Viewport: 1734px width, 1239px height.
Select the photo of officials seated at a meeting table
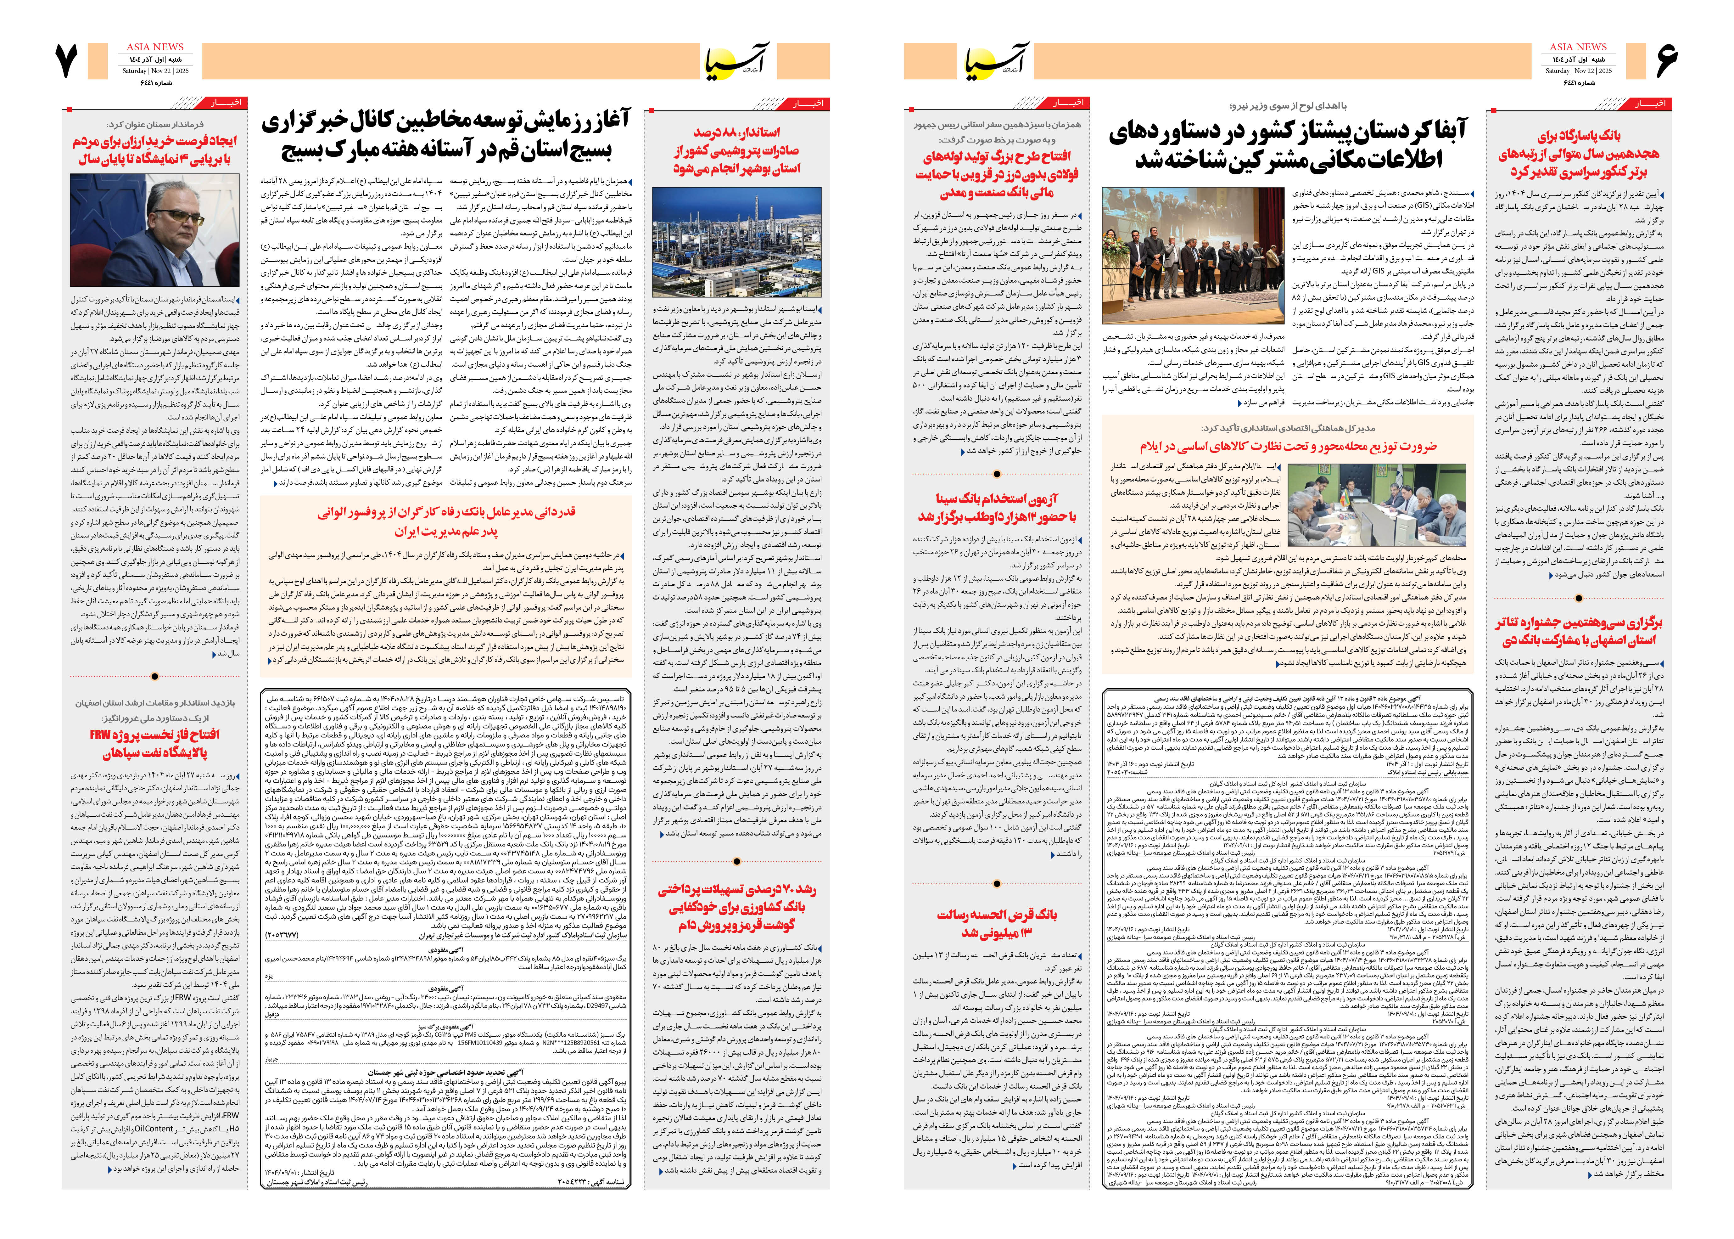1376,504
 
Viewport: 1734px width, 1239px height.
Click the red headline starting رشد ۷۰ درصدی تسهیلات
736,906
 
